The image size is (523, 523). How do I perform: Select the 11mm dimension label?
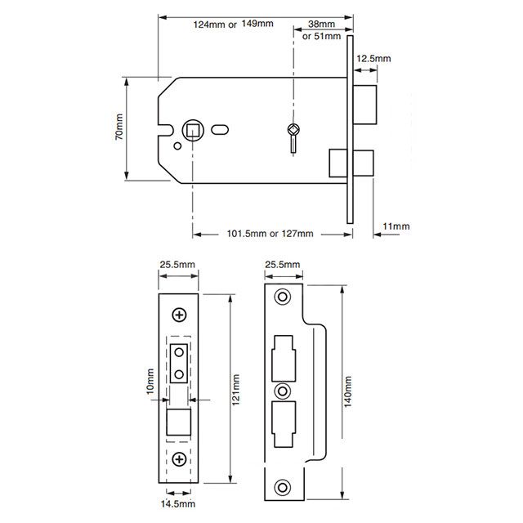tap(395, 226)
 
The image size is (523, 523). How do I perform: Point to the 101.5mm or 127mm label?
tap(270, 234)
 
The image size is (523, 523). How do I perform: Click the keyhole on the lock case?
tap(294, 133)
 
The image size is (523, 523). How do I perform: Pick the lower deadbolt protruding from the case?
tap(340, 161)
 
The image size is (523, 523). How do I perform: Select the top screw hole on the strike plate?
tap(283, 296)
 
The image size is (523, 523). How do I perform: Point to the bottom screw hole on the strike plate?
tap(283, 487)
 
